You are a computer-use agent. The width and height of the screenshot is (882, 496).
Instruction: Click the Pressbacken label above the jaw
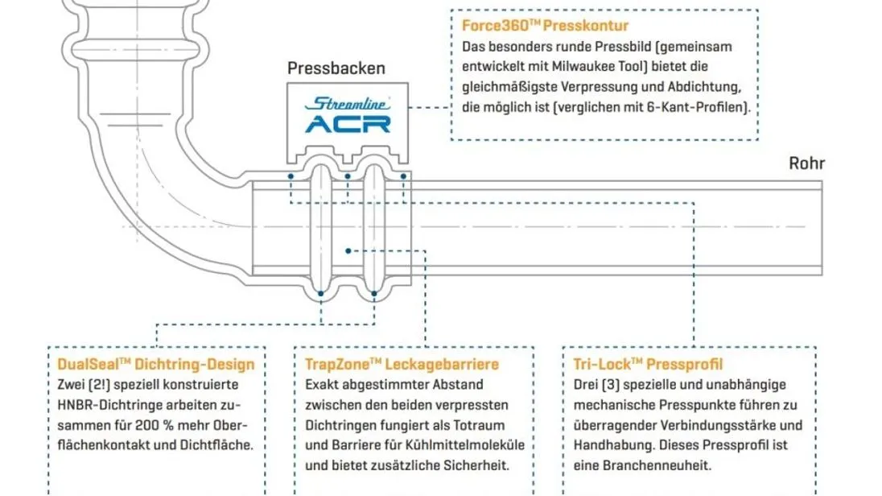click(x=336, y=68)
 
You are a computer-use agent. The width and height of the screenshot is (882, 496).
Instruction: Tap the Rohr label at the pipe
click(x=806, y=163)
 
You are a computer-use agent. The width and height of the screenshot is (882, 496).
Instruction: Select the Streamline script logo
click(x=348, y=104)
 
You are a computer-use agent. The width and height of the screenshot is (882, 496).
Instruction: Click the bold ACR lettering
click(x=348, y=124)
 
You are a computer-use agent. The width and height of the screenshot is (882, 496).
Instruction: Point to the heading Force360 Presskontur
click(x=545, y=25)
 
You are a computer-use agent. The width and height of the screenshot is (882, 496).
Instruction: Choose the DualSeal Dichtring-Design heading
click(x=156, y=364)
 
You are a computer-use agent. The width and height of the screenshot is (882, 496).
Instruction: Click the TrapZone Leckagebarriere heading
click(x=402, y=364)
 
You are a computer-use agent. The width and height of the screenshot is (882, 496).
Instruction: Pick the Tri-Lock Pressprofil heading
click(x=648, y=364)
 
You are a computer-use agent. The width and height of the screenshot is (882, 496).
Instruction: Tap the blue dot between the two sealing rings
click(x=348, y=251)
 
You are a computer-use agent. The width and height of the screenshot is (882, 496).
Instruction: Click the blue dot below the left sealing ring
click(x=320, y=293)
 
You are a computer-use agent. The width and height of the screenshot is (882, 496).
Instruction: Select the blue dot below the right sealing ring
click(x=374, y=293)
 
